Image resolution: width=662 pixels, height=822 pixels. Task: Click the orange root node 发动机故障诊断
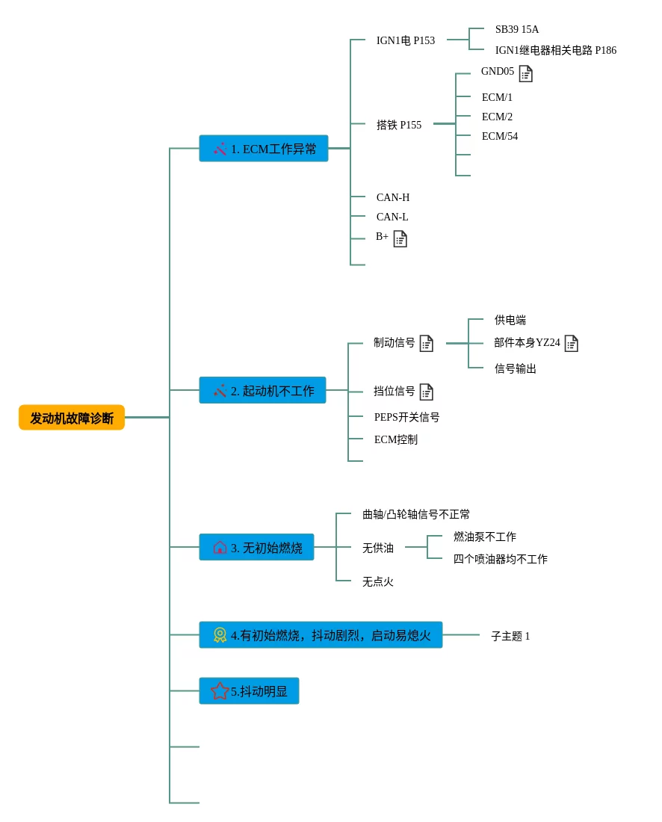(72, 418)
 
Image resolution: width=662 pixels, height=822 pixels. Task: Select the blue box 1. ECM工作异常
(264, 149)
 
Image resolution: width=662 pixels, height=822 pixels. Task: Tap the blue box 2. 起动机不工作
(262, 391)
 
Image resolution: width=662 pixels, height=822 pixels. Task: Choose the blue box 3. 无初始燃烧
(256, 548)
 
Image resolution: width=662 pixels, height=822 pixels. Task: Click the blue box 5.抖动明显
(249, 691)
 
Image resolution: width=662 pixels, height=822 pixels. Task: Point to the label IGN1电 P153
(406, 40)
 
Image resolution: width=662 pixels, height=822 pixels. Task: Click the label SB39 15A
(517, 30)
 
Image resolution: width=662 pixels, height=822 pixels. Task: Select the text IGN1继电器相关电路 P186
(556, 50)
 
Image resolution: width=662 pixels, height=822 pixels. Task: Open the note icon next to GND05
(526, 73)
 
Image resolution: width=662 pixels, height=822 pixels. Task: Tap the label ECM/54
(500, 136)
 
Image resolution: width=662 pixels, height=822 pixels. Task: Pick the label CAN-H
(393, 197)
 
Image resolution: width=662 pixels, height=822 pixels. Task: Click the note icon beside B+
(400, 238)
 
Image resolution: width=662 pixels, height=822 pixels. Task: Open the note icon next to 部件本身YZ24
(572, 343)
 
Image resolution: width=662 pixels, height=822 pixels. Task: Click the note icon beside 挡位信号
(427, 392)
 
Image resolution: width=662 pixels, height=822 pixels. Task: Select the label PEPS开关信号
(407, 417)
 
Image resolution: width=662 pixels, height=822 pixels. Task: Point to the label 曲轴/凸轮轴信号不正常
(416, 514)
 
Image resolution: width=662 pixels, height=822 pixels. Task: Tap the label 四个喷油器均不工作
(501, 559)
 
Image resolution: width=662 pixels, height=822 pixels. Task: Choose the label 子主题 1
(510, 636)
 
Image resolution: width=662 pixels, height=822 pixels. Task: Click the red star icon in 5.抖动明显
(220, 691)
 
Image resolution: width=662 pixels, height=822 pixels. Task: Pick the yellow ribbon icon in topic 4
(220, 635)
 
